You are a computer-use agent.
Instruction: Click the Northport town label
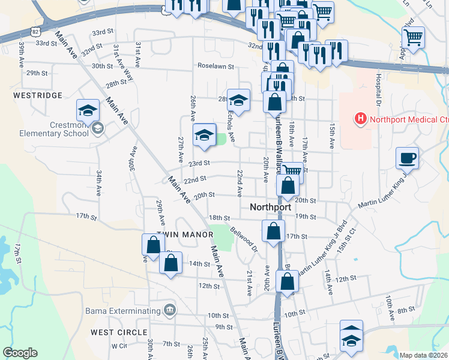pos(270,207)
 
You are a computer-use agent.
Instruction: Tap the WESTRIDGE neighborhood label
pos(37,95)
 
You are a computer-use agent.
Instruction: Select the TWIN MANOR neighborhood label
pos(185,234)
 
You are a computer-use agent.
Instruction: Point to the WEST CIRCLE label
pos(119,332)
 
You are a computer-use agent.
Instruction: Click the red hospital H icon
pos(360,119)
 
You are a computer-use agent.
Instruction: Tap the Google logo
pos(20,353)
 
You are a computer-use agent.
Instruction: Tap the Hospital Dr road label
pos(379,87)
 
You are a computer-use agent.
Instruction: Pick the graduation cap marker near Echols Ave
pos(238,100)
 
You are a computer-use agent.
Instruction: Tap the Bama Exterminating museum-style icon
pos(170,310)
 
